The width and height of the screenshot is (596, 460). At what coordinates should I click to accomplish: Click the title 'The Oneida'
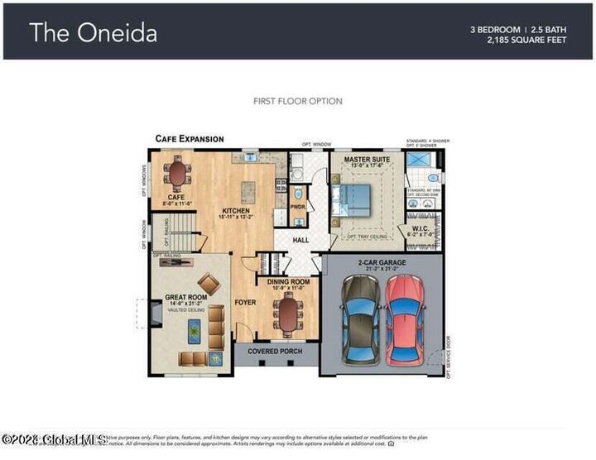[93, 32]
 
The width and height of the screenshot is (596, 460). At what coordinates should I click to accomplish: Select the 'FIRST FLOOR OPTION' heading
[297, 101]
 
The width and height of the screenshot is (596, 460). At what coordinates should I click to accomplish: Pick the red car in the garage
[406, 318]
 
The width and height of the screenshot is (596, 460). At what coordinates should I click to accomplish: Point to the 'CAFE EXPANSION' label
[190, 139]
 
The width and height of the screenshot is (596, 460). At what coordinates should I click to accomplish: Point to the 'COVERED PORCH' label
[275, 351]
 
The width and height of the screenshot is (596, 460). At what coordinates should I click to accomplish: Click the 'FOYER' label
[245, 302]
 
